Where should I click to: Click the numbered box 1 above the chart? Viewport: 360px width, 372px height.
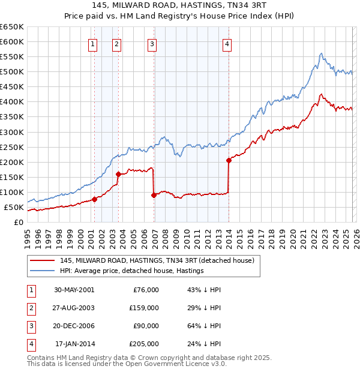tap(94, 44)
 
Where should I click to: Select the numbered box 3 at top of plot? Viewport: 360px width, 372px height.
tap(152, 44)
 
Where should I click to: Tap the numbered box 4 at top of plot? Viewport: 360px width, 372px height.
tap(227, 44)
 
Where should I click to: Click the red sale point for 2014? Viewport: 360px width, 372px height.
tap(229, 160)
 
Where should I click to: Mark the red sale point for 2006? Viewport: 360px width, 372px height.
tap(154, 195)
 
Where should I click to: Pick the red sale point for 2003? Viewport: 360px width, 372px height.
tap(118, 175)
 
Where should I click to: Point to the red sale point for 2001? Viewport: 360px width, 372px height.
tap(95, 200)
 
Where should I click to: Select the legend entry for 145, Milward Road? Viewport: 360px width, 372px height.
tap(157, 260)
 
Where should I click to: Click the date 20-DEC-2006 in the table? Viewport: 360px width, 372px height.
tap(74, 327)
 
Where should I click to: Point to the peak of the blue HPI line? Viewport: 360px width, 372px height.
tap(322, 53)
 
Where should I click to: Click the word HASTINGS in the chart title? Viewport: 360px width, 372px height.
tap(191, 7)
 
